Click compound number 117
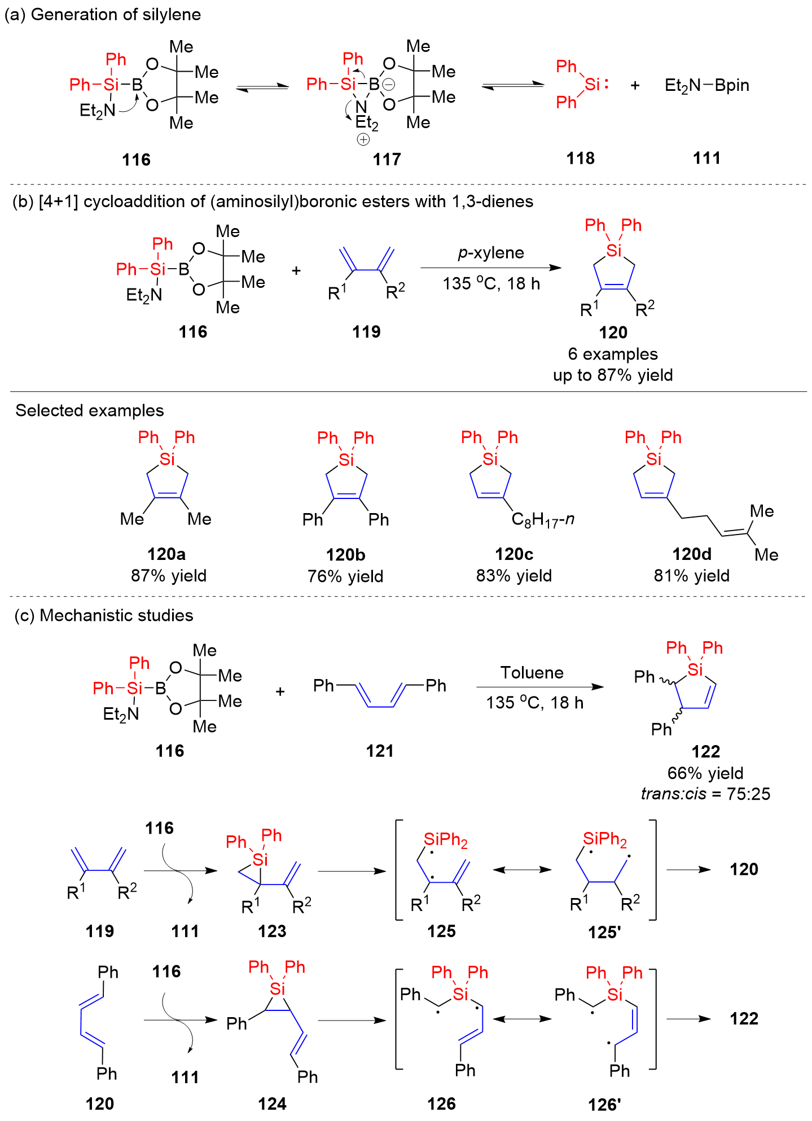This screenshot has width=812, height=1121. click(x=387, y=160)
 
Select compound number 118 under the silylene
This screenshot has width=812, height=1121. click(x=580, y=159)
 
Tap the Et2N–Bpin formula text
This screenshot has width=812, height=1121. click(x=706, y=85)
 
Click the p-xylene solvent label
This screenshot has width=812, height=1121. click(x=490, y=253)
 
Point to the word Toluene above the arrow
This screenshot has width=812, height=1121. click(x=532, y=672)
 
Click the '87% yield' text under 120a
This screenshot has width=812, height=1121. click(x=169, y=576)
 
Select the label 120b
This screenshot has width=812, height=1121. click(x=345, y=555)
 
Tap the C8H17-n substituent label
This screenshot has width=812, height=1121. click(x=542, y=519)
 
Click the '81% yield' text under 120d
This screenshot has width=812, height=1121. click(x=691, y=576)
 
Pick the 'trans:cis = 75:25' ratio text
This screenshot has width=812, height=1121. click(x=705, y=794)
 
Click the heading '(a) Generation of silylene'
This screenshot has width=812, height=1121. click(x=103, y=15)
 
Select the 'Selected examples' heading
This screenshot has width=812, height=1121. click(x=90, y=410)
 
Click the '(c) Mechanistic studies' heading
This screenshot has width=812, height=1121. click(x=103, y=615)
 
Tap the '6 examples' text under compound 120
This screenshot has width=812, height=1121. click(x=613, y=354)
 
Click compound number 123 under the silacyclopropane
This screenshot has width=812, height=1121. click(x=272, y=931)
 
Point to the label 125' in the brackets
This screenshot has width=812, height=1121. click(x=604, y=932)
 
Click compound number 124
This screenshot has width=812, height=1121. click(x=272, y=1104)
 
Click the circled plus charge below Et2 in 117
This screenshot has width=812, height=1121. click(x=363, y=139)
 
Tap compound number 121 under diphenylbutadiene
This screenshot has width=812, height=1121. click(x=379, y=751)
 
